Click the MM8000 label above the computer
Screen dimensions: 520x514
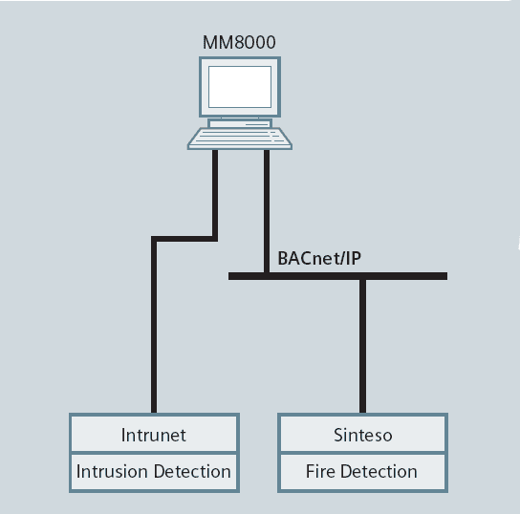pyautogui.click(x=239, y=42)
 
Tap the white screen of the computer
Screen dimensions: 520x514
pyautogui.click(x=240, y=87)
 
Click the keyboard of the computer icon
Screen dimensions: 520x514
pyautogui.click(x=239, y=139)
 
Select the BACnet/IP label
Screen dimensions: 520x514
pyautogui.click(x=319, y=258)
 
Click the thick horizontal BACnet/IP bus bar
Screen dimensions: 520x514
pyautogui.click(x=337, y=276)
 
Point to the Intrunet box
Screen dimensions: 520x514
pyautogui.click(x=154, y=434)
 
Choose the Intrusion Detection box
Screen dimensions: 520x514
pyautogui.click(x=154, y=472)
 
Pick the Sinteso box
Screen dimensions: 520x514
pyautogui.click(x=363, y=434)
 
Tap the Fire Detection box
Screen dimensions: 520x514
pyautogui.click(x=363, y=472)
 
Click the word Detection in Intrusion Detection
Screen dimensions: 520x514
pyautogui.click(x=192, y=471)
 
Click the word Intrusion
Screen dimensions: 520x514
pyautogui.click(x=112, y=471)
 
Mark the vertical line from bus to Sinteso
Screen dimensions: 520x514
pyautogui.click(x=363, y=346)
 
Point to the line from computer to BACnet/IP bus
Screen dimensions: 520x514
pyautogui.click(x=267, y=211)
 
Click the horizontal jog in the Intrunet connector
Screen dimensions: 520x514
pyautogui.click(x=184, y=239)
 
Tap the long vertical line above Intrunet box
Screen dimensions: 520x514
pyautogui.click(x=154, y=327)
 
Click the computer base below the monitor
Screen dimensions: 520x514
pyautogui.click(x=240, y=123)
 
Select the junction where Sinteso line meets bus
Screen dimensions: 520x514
pyautogui.click(x=363, y=276)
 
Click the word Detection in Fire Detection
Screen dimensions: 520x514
pyautogui.click(x=379, y=471)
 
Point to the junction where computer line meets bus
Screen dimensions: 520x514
pyautogui.click(x=267, y=276)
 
